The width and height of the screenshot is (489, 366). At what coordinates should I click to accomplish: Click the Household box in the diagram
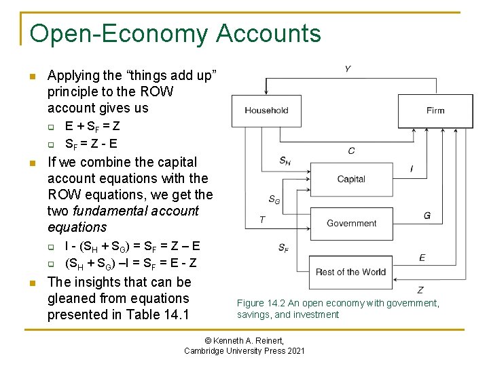click(266, 110)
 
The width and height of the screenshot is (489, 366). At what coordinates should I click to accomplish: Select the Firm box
click(435, 110)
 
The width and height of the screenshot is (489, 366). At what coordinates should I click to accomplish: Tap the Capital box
click(351, 179)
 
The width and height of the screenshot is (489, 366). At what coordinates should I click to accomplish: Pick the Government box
click(351, 223)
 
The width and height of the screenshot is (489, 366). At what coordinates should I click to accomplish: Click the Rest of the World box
click(350, 272)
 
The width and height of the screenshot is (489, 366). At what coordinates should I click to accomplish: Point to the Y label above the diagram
click(348, 69)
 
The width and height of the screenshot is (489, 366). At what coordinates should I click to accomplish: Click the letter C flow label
click(351, 150)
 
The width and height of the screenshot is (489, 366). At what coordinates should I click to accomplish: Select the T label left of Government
click(263, 219)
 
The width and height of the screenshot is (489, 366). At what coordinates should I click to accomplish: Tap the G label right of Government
click(427, 216)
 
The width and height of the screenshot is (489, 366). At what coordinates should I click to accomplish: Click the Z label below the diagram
click(420, 289)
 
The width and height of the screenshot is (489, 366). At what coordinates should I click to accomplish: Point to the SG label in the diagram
click(274, 199)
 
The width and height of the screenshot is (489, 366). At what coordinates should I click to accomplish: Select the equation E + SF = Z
click(93, 126)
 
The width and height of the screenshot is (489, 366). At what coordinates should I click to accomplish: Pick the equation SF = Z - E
click(91, 143)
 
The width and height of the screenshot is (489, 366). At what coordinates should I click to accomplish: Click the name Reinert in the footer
click(266, 340)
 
